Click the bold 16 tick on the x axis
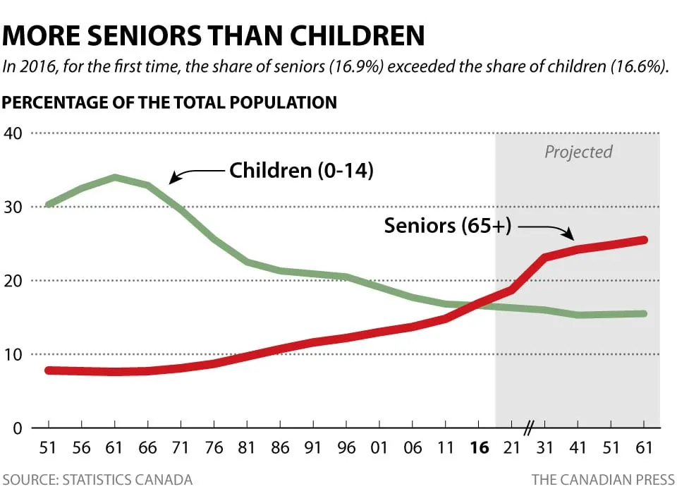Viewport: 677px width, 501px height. [478, 447]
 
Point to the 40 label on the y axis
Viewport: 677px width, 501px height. [13, 133]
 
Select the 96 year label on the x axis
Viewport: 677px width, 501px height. [346, 447]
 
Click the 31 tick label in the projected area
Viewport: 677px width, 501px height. [544, 447]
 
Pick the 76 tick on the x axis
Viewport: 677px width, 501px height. [214, 447]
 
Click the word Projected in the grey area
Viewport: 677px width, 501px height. [578, 152]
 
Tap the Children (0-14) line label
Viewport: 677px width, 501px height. [301, 171]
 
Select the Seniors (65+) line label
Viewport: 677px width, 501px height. [448, 226]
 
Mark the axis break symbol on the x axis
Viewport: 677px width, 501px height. [530, 427]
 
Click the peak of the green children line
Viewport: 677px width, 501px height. [115, 177]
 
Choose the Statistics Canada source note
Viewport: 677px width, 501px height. [97, 480]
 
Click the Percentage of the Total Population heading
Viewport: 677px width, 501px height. [170, 102]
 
